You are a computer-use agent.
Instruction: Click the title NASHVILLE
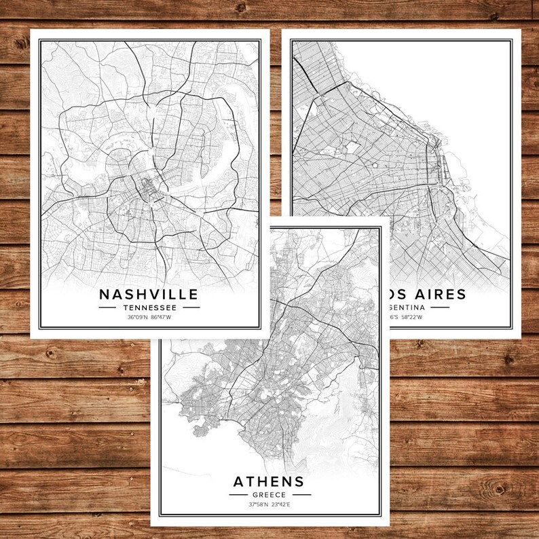click(149, 294)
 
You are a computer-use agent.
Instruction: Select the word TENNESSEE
click(149, 307)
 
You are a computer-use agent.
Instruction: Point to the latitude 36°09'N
click(136, 316)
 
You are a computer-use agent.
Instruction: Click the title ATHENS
click(269, 482)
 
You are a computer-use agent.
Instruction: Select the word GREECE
click(269, 495)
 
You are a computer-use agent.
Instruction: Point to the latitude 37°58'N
click(257, 504)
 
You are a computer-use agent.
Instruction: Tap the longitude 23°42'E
click(281, 504)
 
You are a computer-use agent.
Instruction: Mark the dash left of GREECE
click(236, 495)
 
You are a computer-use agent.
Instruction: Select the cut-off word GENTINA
click(407, 307)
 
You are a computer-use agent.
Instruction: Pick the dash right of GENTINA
click(439, 307)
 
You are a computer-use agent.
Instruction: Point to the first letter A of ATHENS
click(239, 482)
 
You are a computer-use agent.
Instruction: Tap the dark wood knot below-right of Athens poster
click(499, 489)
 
